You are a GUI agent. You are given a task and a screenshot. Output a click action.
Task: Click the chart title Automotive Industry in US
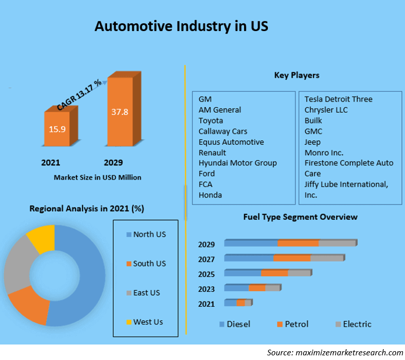(x=181, y=26)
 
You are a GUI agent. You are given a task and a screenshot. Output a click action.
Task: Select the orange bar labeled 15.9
(x=58, y=129)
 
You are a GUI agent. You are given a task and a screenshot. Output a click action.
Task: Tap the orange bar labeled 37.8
(x=120, y=113)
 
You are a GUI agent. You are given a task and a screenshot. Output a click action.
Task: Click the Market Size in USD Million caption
(x=97, y=177)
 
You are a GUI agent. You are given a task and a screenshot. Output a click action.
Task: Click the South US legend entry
(x=149, y=263)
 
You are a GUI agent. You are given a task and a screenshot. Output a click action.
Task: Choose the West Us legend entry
(x=147, y=322)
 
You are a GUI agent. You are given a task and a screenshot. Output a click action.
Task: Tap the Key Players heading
(x=296, y=76)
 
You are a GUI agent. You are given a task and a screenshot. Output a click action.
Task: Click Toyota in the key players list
(x=211, y=121)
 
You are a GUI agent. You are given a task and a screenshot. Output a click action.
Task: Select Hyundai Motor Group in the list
(x=237, y=163)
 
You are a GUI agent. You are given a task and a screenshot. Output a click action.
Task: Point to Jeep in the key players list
(x=312, y=142)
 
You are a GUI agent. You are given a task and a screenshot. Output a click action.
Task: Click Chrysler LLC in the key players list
(x=326, y=110)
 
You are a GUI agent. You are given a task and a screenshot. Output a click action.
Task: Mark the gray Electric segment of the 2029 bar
(x=337, y=243)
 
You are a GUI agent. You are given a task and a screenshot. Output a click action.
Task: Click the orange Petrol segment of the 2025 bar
(x=274, y=273)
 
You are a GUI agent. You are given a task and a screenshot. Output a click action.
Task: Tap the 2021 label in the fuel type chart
(x=207, y=304)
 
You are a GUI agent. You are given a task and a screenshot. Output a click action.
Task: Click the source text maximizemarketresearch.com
(x=334, y=352)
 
